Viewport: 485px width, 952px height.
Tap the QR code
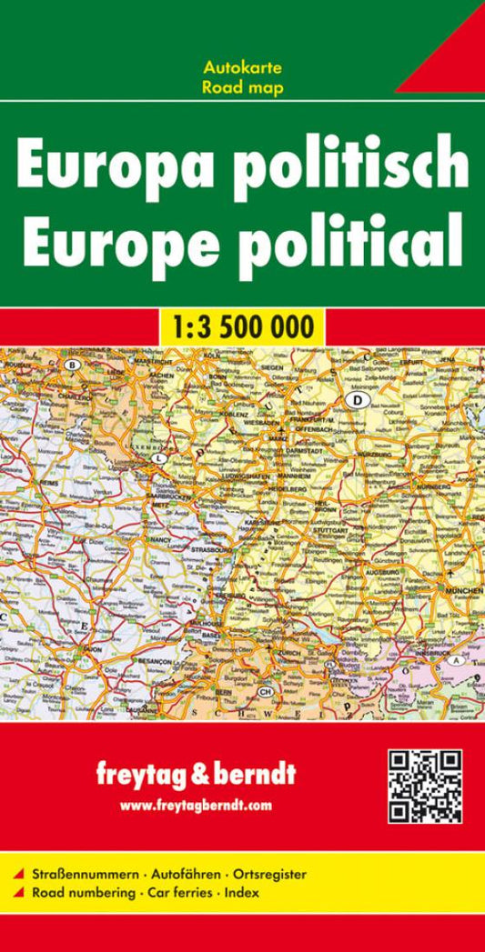tap(425, 787)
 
